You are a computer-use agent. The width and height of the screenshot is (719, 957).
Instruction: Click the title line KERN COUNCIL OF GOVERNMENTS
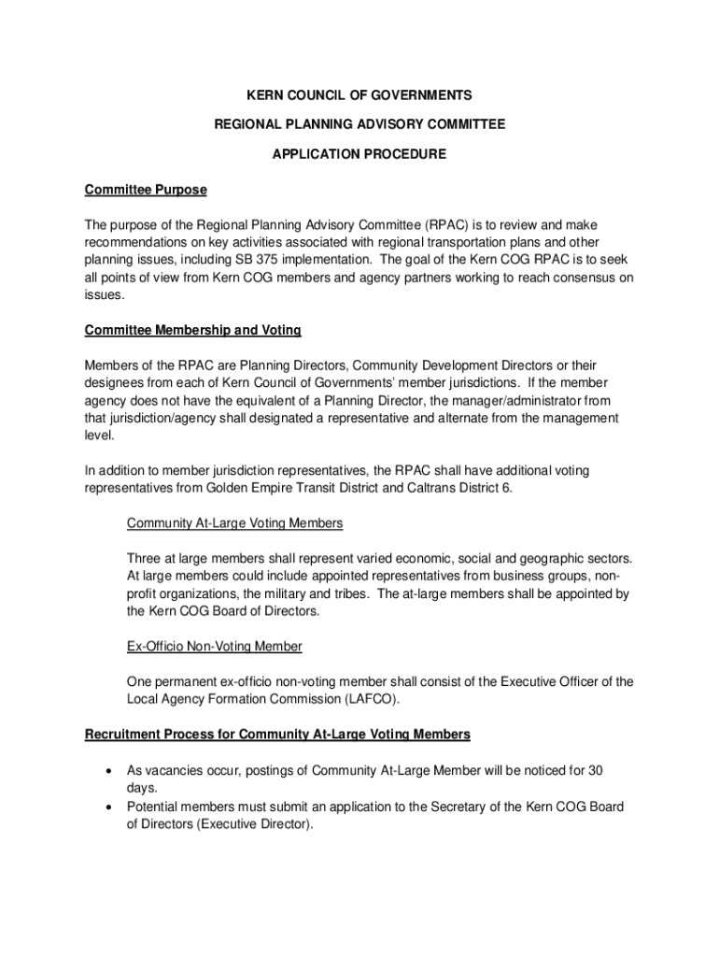pyautogui.click(x=359, y=95)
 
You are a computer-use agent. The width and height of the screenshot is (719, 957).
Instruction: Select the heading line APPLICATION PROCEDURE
pyautogui.click(x=359, y=154)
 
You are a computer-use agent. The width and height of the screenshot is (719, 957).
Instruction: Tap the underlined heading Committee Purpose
pyautogui.click(x=146, y=190)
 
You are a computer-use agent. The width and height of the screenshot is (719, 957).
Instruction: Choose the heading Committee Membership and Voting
pyautogui.click(x=192, y=330)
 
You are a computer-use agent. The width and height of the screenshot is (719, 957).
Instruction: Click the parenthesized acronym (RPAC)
pyautogui.click(x=451, y=225)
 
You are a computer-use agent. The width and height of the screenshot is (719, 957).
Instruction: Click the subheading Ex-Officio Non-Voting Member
pyautogui.click(x=215, y=646)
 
